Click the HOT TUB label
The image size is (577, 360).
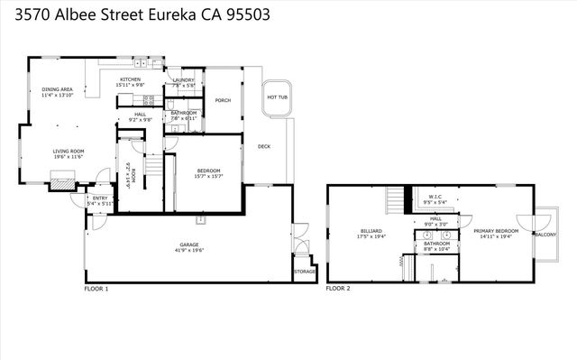tap(277, 97)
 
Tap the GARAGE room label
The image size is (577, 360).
tap(189, 245)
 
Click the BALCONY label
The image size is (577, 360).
tap(545, 234)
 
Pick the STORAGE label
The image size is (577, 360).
tap(305, 271)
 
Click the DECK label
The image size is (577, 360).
tap(264, 146)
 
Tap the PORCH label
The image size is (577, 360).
tap(222, 101)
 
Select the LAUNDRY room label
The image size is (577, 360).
tap(184, 79)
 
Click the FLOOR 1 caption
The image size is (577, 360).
tap(96, 289)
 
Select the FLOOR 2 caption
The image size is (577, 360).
tap(338, 289)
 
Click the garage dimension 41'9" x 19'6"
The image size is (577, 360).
tap(189, 250)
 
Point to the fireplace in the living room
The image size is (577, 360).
tap(60, 183)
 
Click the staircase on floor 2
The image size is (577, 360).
tap(395, 198)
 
